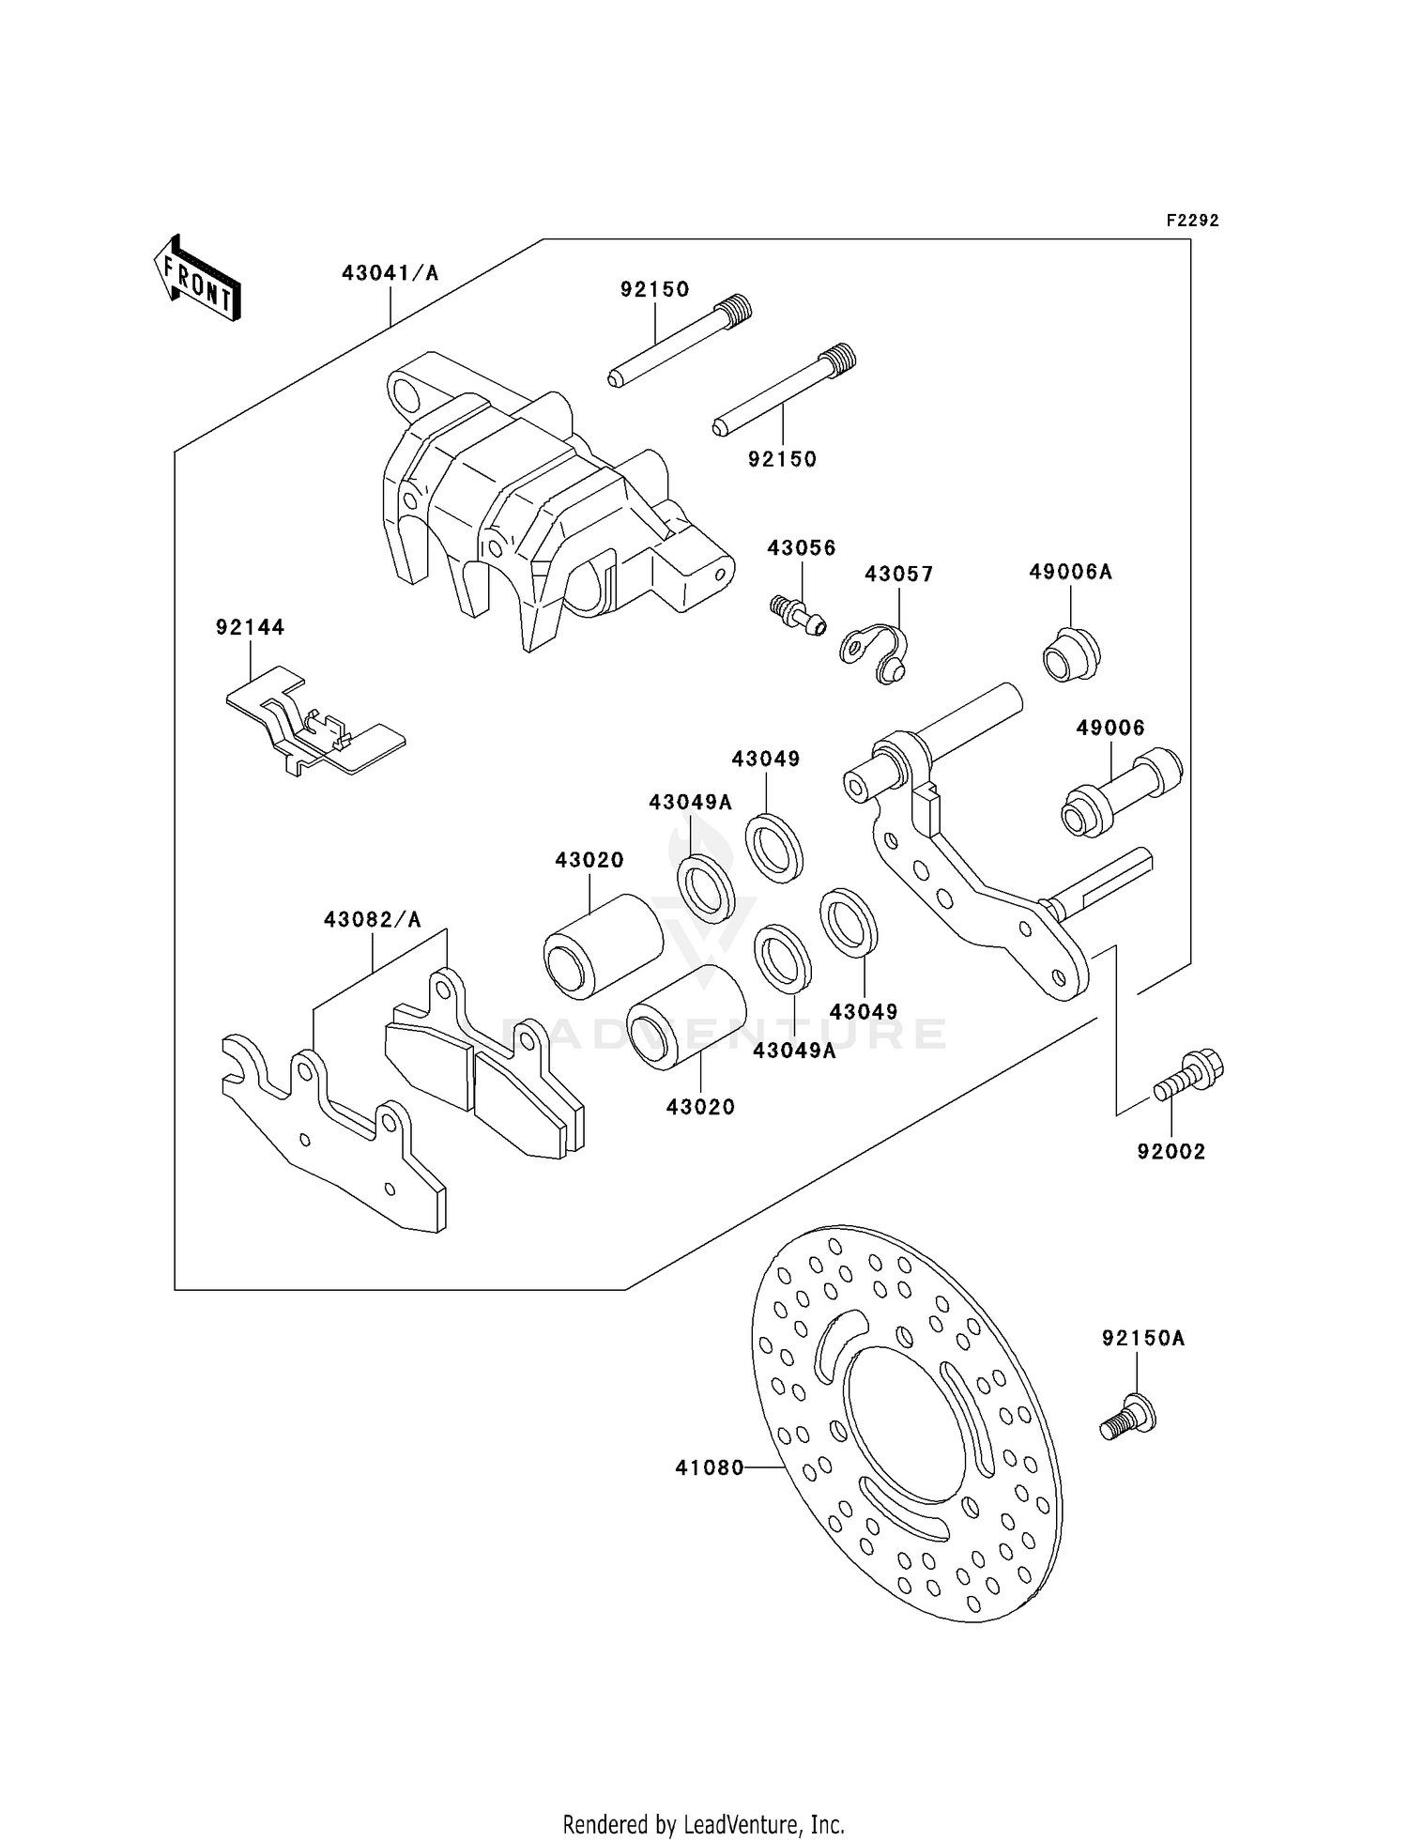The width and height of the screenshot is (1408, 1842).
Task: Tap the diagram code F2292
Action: [1192, 221]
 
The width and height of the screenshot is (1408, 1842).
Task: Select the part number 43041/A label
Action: [390, 273]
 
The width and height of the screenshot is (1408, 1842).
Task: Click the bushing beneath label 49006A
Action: [1071, 653]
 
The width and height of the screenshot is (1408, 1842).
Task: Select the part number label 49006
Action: [1110, 728]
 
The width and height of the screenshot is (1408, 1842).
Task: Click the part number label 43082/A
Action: [373, 920]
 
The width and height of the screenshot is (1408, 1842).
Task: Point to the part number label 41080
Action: [709, 1467]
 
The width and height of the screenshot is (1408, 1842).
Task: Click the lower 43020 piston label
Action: [700, 1107]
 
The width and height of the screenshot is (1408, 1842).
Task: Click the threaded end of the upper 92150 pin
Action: [738, 308]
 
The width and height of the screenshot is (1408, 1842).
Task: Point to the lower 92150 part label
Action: [782, 459]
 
